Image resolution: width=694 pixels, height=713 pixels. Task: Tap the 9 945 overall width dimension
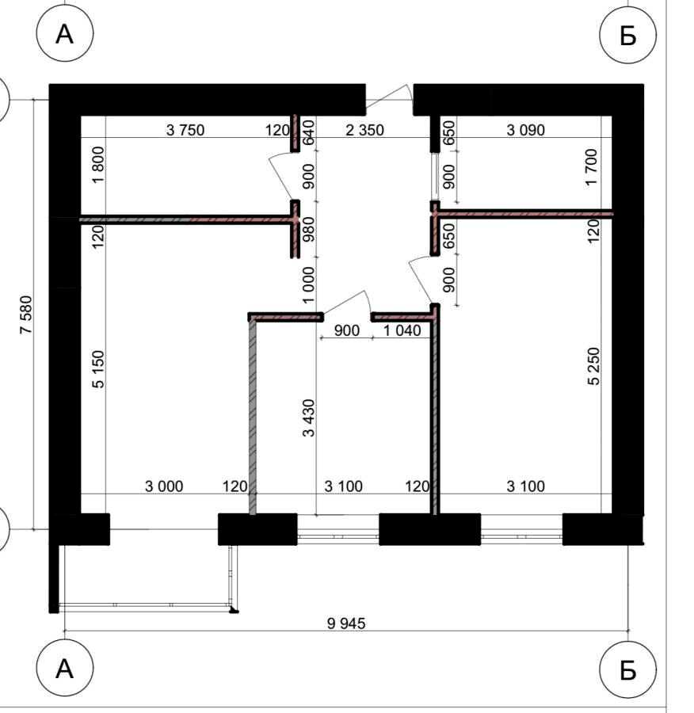coord(346,623)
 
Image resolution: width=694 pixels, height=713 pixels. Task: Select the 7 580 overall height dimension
coord(26,315)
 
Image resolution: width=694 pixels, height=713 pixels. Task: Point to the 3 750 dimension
coord(185,130)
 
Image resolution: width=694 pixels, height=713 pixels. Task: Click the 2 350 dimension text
coord(364,130)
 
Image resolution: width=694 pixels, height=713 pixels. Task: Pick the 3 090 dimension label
coord(526,130)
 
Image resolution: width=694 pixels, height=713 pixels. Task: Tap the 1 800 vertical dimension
coord(97,165)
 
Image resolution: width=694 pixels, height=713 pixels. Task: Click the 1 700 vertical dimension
coord(591,167)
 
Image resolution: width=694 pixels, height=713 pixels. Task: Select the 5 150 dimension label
coord(97,368)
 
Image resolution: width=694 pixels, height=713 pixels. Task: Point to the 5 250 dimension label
coord(593,367)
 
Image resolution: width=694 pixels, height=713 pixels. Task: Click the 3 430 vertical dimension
coord(308,418)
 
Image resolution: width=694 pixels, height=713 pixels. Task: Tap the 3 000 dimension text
coord(164,486)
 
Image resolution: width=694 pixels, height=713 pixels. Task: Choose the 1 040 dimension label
coord(402,330)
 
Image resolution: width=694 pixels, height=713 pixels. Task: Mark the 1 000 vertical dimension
coord(308,285)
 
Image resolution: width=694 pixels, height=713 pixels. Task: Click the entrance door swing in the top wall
coord(389,98)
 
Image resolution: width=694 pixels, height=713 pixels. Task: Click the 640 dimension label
coord(308,132)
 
